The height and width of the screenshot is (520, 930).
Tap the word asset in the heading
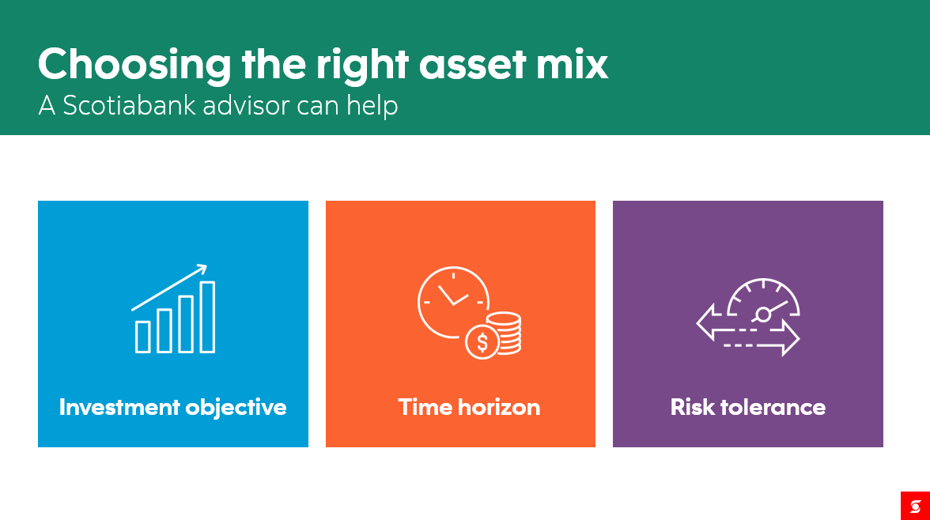click(x=473, y=65)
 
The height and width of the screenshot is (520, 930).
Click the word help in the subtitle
click(x=372, y=107)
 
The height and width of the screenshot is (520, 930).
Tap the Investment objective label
click(x=172, y=407)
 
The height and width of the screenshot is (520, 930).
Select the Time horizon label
click(x=469, y=407)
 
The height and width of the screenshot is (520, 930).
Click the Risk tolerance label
click(x=748, y=407)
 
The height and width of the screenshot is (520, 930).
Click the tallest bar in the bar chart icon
click(x=207, y=317)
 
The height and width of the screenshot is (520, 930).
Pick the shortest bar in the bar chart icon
click(x=143, y=337)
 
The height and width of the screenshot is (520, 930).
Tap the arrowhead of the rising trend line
click(x=202, y=269)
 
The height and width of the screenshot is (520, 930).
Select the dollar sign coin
click(x=482, y=343)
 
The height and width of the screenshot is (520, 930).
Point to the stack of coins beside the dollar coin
click(x=506, y=333)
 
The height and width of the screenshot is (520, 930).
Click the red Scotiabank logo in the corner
click(x=915, y=506)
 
